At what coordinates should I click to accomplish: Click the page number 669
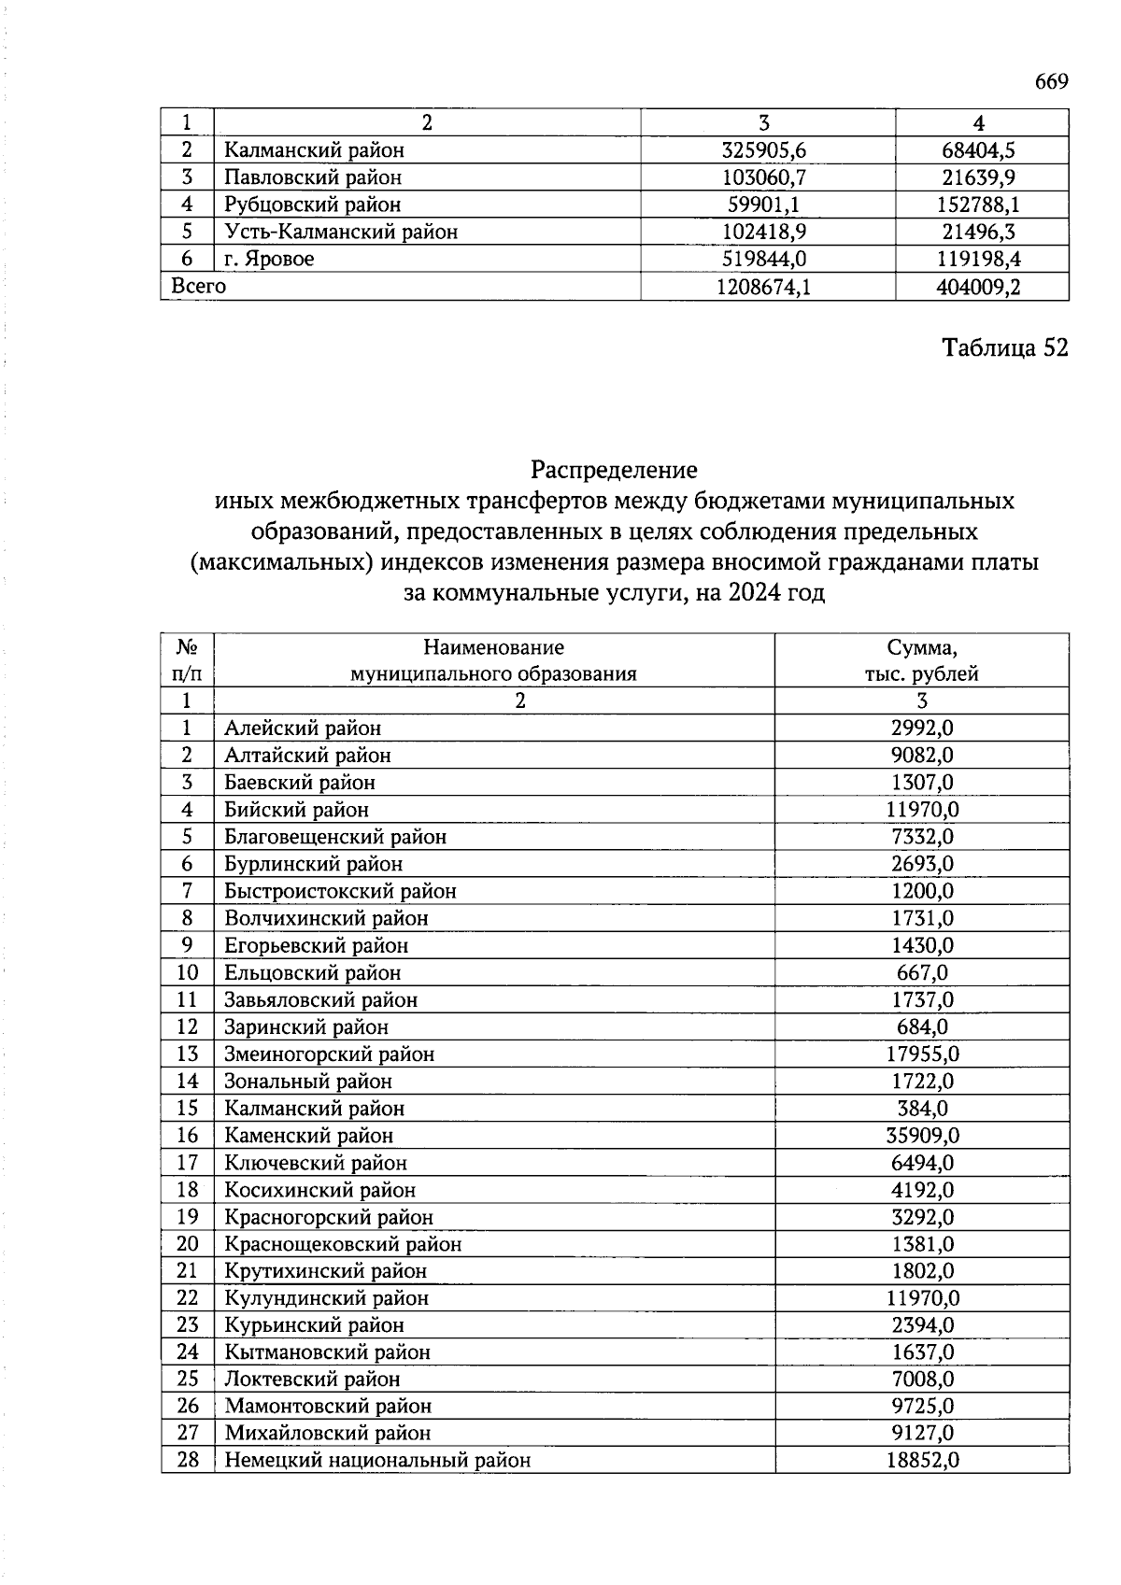[1051, 82]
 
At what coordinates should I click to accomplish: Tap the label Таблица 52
[1004, 347]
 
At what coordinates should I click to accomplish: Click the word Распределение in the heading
[614, 469]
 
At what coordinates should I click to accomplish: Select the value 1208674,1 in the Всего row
[763, 287]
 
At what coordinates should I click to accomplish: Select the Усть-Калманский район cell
[341, 232]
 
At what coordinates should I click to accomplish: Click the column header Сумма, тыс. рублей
[921, 660]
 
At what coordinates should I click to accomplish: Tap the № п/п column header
[187, 660]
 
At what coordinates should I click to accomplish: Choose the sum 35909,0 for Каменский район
[922, 1136]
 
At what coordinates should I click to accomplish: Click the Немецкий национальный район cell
[377, 1460]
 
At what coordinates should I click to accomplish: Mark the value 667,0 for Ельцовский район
[922, 973]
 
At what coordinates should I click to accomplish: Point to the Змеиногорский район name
[329, 1054]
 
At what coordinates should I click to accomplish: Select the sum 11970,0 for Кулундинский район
[922, 1298]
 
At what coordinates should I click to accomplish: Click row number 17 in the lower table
[187, 1163]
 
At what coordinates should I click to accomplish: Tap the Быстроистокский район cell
[340, 892]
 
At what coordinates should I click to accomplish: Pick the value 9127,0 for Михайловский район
[922, 1433]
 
